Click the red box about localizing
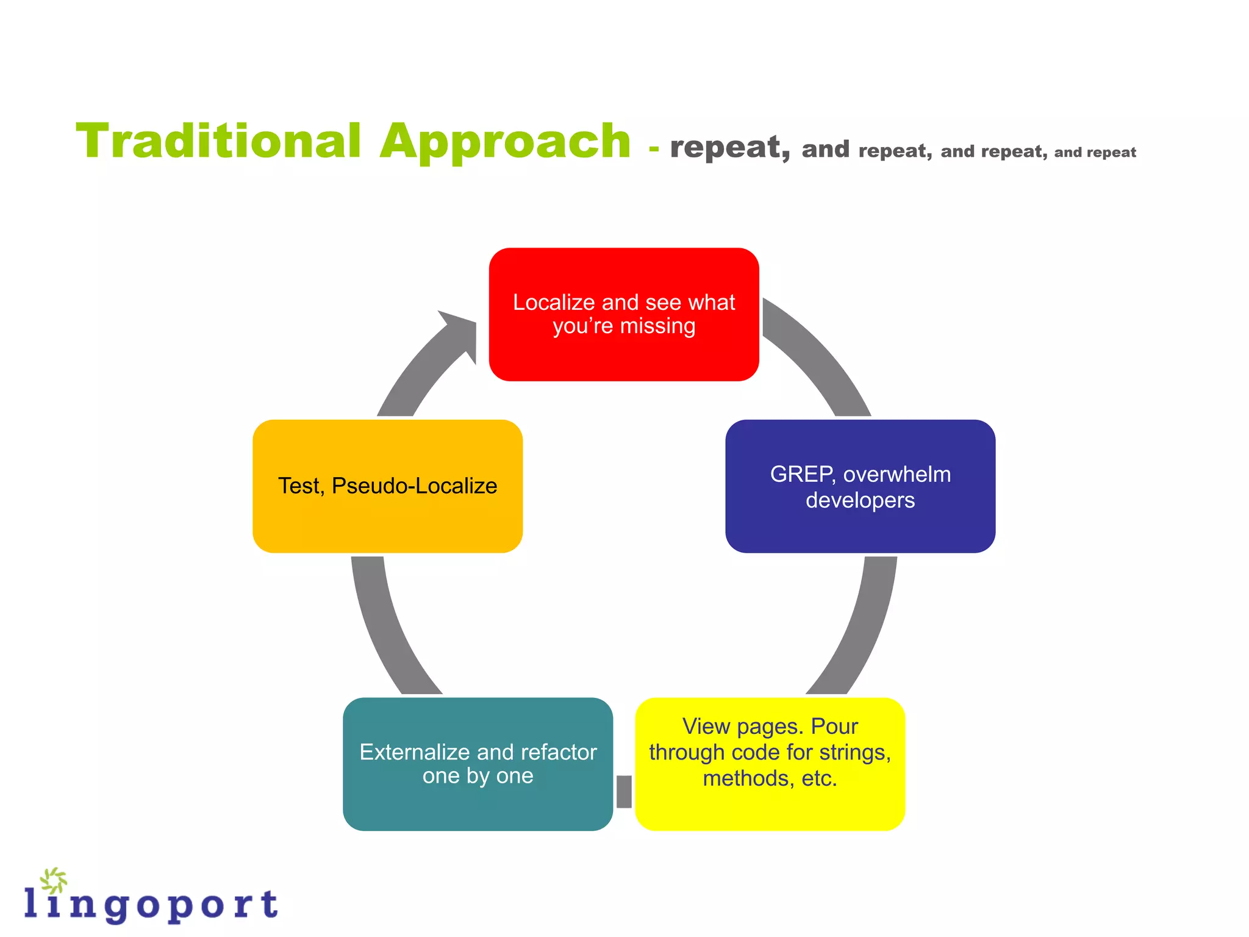click(x=624, y=314)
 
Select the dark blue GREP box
click(x=860, y=486)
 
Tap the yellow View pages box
click(x=770, y=764)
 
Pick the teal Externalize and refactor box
click(x=478, y=764)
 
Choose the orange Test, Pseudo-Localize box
click(x=387, y=486)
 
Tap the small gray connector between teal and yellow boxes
click(x=624, y=791)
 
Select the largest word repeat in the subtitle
click(x=729, y=147)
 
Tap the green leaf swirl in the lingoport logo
click(x=54, y=880)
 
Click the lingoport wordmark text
click(x=152, y=904)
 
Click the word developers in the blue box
click(x=860, y=500)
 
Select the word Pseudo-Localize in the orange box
click(x=414, y=486)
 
